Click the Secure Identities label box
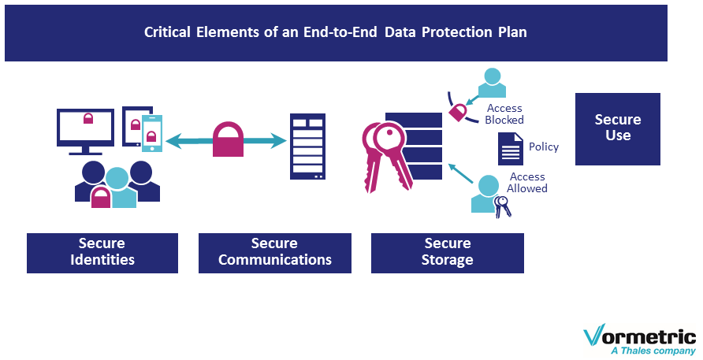tap(102, 253)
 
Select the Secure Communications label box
tap(275, 253)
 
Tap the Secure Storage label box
tap(448, 253)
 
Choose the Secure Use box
tap(618, 129)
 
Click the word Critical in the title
tap(167, 32)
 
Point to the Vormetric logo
tap(640, 340)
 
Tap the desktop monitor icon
tap(85, 132)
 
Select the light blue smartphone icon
tap(152, 133)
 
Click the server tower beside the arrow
tap(307, 147)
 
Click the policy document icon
tap(511, 149)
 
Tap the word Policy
tap(544, 147)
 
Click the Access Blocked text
tap(504, 114)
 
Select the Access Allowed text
tap(527, 183)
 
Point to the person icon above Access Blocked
tap(492, 83)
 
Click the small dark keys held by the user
tap(502, 206)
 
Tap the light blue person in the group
tap(118, 188)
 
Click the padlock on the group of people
tap(101, 197)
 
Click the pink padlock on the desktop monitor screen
tap(88, 118)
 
